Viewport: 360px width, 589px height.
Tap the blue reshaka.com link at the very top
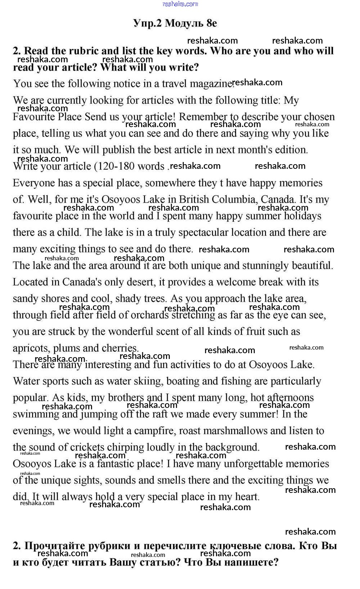(180, 4)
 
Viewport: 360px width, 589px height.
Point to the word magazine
(212, 84)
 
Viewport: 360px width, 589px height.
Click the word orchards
(150, 315)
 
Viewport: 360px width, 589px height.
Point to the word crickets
(91, 448)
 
